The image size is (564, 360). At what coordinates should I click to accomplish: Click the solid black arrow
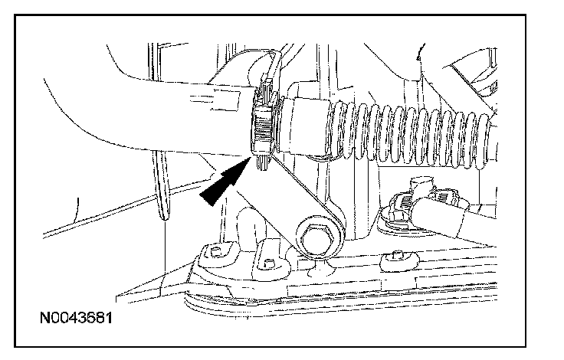[x=221, y=183]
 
